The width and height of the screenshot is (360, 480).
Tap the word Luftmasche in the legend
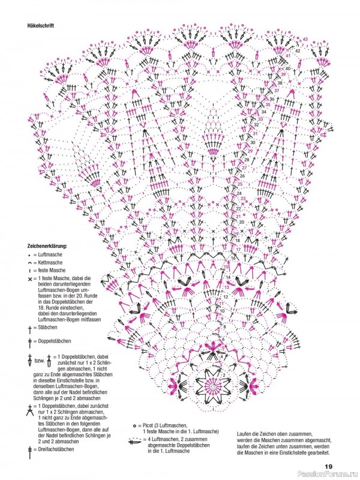pos(50,255)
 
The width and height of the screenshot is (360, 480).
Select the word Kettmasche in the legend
pos(50,263)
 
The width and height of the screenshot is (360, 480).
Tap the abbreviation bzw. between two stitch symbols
pos(40,361)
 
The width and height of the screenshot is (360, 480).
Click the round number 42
pos(298,51)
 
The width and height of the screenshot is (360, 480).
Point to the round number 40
pos(288,69)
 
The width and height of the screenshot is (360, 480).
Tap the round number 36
pos(272,99)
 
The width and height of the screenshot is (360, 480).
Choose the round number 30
pos(254,142)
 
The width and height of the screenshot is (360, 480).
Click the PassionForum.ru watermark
pos(330,475)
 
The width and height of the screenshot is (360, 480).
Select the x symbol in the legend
pos(29,279)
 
